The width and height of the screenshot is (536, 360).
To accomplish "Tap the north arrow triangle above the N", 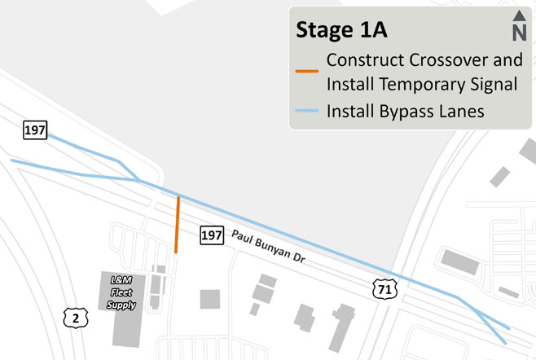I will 519,16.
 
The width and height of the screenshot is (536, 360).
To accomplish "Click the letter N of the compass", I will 519,33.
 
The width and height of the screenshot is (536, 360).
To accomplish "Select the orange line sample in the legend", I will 307,72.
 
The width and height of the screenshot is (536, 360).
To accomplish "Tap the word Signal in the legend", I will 494,83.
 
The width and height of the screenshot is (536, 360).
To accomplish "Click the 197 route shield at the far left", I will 35,130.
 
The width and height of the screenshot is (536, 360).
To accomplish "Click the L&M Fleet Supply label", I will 121,292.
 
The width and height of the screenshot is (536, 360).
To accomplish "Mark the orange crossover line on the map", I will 177,224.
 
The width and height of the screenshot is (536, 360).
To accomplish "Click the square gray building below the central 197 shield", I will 210,299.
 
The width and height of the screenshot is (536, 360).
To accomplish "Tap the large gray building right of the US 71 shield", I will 460,261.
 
